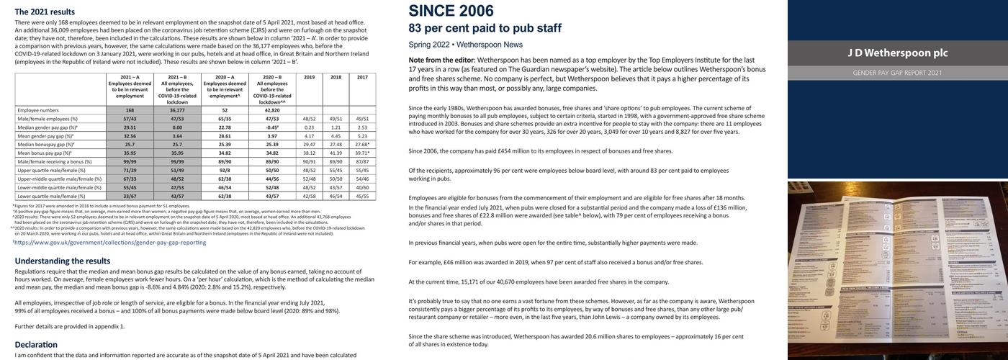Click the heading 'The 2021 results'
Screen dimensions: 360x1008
point(45,12)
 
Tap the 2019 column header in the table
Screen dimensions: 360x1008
point(309,77)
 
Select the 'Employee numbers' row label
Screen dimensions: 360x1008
point(38,110)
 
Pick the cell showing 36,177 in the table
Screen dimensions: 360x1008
point(177,110)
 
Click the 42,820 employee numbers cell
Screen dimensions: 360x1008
point(272,110)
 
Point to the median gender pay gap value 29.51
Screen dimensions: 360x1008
point(130,127)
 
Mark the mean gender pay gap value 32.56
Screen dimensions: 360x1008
point(130,136)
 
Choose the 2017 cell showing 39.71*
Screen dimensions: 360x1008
point(362,153)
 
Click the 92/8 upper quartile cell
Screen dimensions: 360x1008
point(225,170)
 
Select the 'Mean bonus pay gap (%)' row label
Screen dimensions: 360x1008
point(45,153)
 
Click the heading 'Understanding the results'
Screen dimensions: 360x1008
point(63,261)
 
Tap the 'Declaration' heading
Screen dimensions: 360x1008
point(36,345)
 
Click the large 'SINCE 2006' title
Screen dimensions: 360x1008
point(451,11)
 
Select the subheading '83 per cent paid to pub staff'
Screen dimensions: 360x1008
point(485,28)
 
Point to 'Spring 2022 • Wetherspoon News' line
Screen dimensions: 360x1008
point(465,45)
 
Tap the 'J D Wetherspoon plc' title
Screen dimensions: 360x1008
point(898,53)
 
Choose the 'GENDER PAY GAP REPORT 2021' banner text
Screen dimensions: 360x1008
point(898,73)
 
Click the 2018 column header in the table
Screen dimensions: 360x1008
point(336,77)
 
